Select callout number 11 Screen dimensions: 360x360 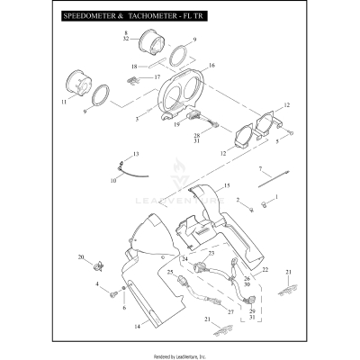[64, 103]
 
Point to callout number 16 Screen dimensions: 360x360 [211, 67]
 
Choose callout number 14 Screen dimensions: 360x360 [138, 326]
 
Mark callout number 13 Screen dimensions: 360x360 [136, 155]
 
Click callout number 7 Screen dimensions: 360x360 [260, 169]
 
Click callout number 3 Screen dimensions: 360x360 [137, 118]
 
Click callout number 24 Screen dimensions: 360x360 [184, 259]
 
